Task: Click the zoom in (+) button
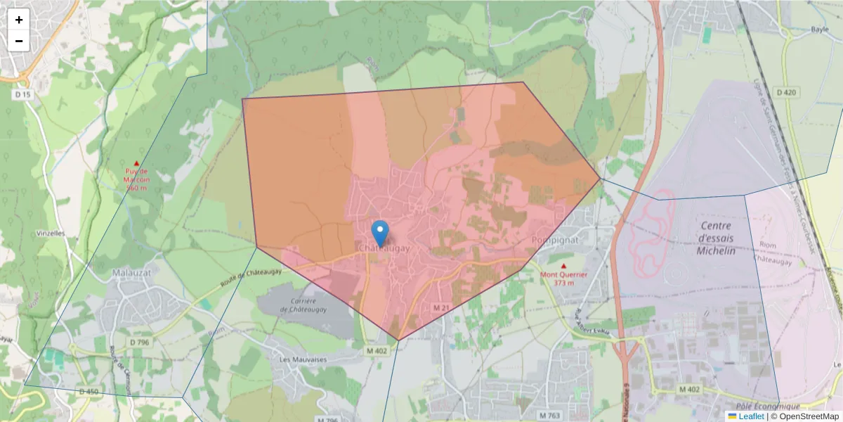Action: click(x=19, y=20)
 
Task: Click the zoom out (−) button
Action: click(x=19, y=41)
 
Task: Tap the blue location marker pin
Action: click(x=379, y=233)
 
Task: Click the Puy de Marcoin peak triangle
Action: click(x=136, y=163)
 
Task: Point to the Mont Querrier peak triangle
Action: click(x=563, y=265)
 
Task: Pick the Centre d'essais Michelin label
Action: click(x=716, y=238)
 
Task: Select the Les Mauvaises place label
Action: click(x=303, y=359)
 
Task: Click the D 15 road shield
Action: click(x=23, y=94)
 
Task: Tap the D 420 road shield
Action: click(x=787, y=92)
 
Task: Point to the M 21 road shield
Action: click(x=440, y=308)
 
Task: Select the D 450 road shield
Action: click(x=89, y=391)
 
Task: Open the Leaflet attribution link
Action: click(x=751, y=416)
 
